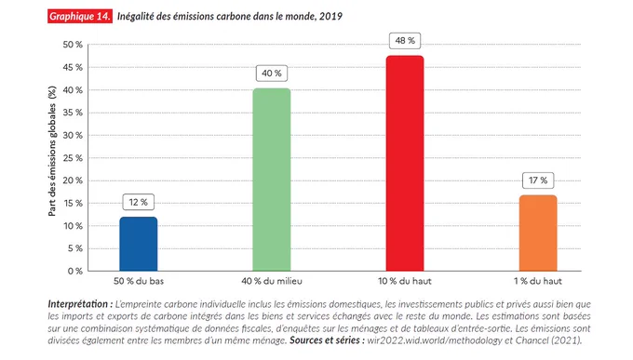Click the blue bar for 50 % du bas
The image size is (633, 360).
pyautogui.click(x=139, y=244)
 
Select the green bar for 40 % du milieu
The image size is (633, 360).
pyautogui.click(x=272, y=180)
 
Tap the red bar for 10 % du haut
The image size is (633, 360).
pyautogui.click(x=405, y=163)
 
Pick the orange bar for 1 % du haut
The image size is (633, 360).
pyautogui.click(x=538, y=233)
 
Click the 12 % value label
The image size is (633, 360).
pyautogui.click(x=139, y=202)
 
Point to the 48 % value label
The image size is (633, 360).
pyautogui.click(x=405, y=41)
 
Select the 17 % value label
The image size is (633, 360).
pyautogui.click(x=538, y=180)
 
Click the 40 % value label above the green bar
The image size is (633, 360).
pyautogui.click(x=272, y=73)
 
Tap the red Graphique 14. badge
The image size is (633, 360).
pyautogui.click(x=80, y=16)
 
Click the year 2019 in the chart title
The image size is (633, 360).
pyautogui.click(x=330, y=16)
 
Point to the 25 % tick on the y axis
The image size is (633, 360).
pyautogui.click(x=73, y=158)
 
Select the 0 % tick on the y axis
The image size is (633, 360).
pyautogui.click(x=75, y=272)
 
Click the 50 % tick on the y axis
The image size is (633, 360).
pyautogui.click(x=73, y=45)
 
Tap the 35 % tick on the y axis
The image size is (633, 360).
pyautogui.click(x=73, y=113)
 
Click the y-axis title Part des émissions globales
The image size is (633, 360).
pyautogui.click(x=52, y=152)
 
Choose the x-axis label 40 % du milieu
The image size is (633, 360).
pyautogui.click(x=272, y=281)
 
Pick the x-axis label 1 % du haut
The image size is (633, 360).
pyautogui.click(x=538, y=281)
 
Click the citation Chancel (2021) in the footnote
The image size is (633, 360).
pyautogui.click(x=548, y=340)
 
